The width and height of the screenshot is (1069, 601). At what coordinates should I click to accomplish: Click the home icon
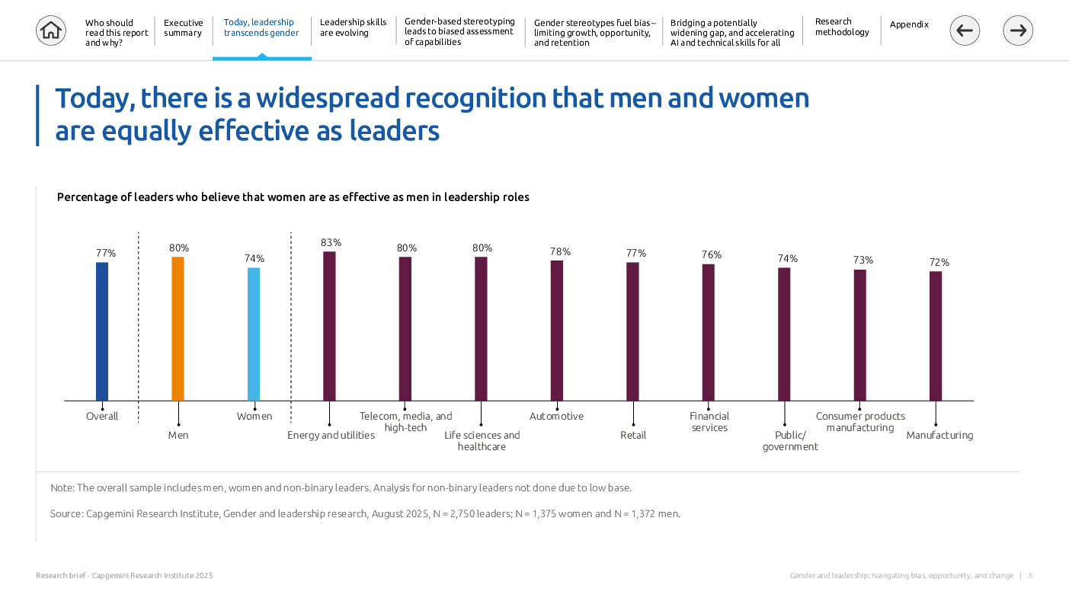pyautogui.click(x=51, y=30)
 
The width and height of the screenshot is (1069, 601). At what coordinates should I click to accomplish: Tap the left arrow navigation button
pyautogui.click(x=965, y=30)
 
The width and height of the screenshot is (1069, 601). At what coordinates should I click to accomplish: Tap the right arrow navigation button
pyautogui.click(x=1018, y=30)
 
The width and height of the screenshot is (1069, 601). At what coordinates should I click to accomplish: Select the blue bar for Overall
pyautogui.click(x=102, y=331)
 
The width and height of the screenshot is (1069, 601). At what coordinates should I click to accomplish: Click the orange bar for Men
pyautogui.click(x=178, y=328)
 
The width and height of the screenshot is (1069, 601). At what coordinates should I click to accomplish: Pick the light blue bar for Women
pyautogui.click(x=254, y=334)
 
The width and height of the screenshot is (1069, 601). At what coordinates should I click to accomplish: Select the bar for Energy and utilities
pyautogui.click(x=329, y=326)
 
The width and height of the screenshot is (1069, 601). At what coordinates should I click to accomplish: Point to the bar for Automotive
pyautogui.click(x=556, y=331)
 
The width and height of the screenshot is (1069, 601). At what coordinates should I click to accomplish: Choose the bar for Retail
pyautogui.click(x=632, y=331)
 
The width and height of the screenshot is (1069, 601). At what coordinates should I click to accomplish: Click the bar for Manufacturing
pyautogui.click(x=936, y=336)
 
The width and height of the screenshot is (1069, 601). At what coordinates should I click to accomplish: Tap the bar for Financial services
pyautogui.click(x=708, y=332)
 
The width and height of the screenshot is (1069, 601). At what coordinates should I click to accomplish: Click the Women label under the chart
pyautogui.click(x=254, y=416)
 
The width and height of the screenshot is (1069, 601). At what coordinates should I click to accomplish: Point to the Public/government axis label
pyautogui.click(x=789, y=441)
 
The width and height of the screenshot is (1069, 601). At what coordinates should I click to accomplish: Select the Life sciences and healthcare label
pyautogui.click(x=482, y=441)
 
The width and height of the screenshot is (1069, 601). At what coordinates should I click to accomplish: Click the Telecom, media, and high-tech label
pyautogui.click(x=405, y=422)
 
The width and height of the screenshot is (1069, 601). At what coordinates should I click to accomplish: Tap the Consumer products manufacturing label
pyautogui.click(x=860, y=422)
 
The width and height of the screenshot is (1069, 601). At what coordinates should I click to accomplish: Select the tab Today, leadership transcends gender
pyautogui.click(x=261, y=28)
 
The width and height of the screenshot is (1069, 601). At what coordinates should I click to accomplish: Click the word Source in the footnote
pyautogui.click(x=66, y=513)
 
